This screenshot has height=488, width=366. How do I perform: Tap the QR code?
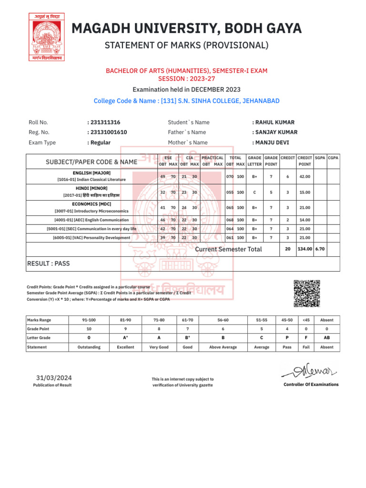306,293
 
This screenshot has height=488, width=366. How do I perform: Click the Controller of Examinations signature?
310,369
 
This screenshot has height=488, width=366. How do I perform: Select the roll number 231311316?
104,122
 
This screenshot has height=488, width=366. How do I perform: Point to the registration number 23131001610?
107,132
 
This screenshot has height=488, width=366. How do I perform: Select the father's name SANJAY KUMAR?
276,132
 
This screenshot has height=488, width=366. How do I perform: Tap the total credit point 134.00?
305,249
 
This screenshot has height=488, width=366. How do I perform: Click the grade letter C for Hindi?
254,193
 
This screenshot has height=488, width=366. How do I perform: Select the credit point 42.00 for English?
304,177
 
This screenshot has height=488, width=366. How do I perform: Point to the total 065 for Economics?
230,208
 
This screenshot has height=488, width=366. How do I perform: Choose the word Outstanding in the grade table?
89,347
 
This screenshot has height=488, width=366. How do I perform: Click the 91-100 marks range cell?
89,320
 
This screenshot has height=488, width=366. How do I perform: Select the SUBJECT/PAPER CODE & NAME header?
91,162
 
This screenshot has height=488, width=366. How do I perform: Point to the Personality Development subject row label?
91,238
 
